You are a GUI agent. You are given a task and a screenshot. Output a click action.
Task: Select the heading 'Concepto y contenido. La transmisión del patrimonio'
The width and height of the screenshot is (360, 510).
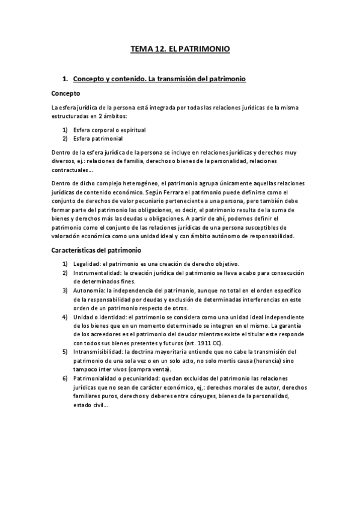[x=159, y=79]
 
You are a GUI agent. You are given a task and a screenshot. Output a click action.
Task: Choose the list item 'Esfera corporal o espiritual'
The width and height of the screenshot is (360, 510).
[x=109, y=130]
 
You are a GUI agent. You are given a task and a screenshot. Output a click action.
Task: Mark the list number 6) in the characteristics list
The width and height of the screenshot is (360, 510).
[x=65, y=379]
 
